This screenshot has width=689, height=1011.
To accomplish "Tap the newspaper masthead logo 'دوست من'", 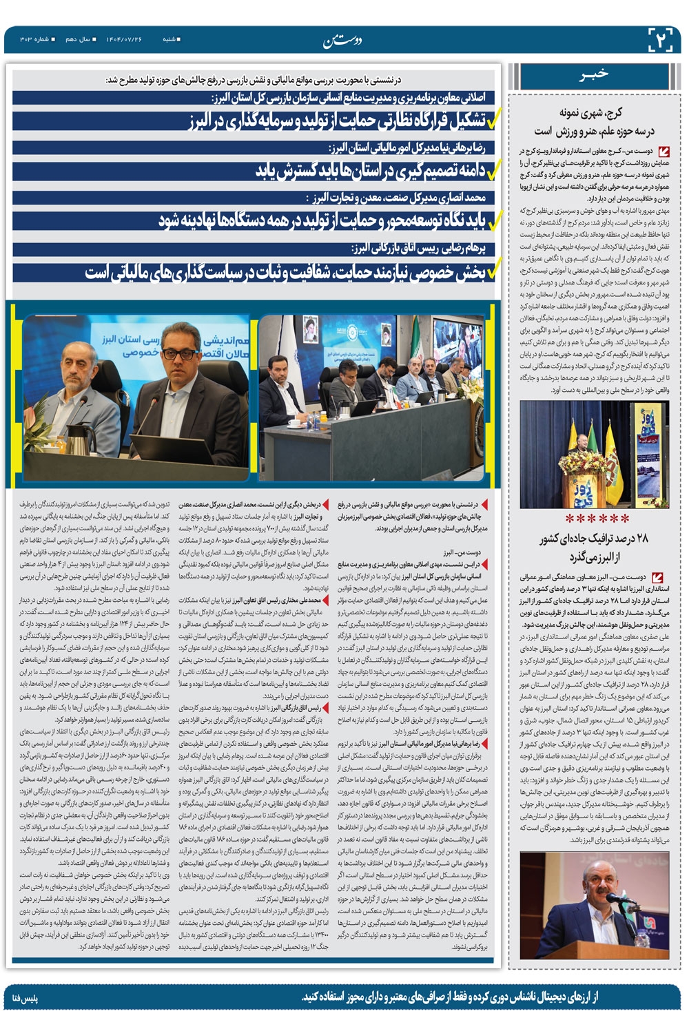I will pyautogui.click(x=342, y=41).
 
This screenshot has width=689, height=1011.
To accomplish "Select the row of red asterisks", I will pyautogui.click(x=597, y=517).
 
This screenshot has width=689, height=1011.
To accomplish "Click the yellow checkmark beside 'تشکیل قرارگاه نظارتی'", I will pyautogui.click(x=494, y=122).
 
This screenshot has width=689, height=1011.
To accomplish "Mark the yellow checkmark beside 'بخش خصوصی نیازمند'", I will pyautogui.click(x=494, y=273).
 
